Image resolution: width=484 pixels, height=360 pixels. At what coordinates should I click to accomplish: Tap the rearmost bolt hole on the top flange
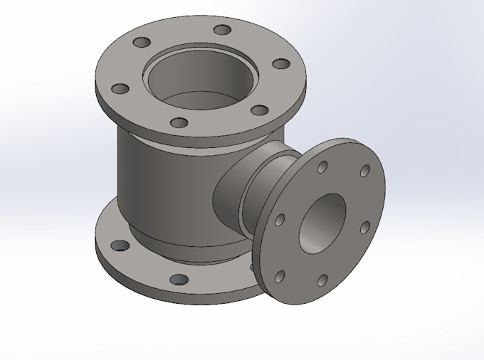pyautogui.click(x=223, y=30)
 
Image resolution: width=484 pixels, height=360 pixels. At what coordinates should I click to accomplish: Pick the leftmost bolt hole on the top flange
pyautogui.click(x=121, y=89)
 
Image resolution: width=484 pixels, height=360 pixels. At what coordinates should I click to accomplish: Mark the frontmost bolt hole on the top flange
pyautogui.click(x=180, y=123)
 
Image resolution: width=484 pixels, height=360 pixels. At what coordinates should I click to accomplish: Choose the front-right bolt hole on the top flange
pyautogui.click(x=261, y=110)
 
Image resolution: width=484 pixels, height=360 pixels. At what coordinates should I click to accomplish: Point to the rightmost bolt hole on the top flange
pyautogui.click(x=283, y=65)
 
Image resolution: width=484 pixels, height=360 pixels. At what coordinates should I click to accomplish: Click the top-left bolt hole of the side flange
pyautogui.click(x=322, y=167)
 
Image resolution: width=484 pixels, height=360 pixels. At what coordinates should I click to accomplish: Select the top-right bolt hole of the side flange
pyautogui.click(x=364, y=171)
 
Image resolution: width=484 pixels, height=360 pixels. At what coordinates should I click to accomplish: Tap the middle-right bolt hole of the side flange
pyautogui.click(x=364, y=227)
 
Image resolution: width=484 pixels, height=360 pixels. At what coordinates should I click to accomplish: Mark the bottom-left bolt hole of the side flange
pyautogui.click(x=280, y=275)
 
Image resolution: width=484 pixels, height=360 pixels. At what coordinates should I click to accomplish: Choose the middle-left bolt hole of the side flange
pyautogui.click(x=280, y=220)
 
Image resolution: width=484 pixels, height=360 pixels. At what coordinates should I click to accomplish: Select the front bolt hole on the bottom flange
pyautogui.click(x=180, y=280)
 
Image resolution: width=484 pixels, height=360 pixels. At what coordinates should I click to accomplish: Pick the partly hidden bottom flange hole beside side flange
pyautogui.click(x=253, y=266)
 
